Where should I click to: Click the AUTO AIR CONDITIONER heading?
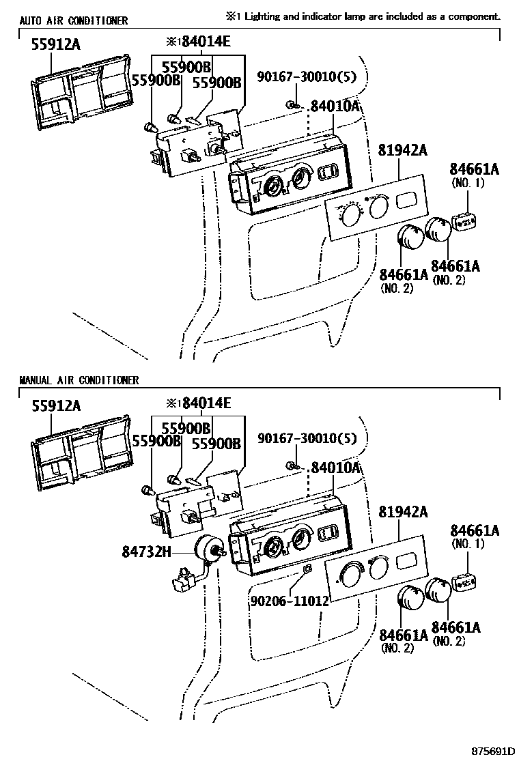tap(73, 21)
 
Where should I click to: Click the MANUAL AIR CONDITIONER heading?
tap(79, 380)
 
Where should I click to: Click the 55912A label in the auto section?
tap(56, 45)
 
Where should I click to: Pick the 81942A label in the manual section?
tap(399, 511)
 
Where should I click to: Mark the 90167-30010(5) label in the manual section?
tap(307, 438)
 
